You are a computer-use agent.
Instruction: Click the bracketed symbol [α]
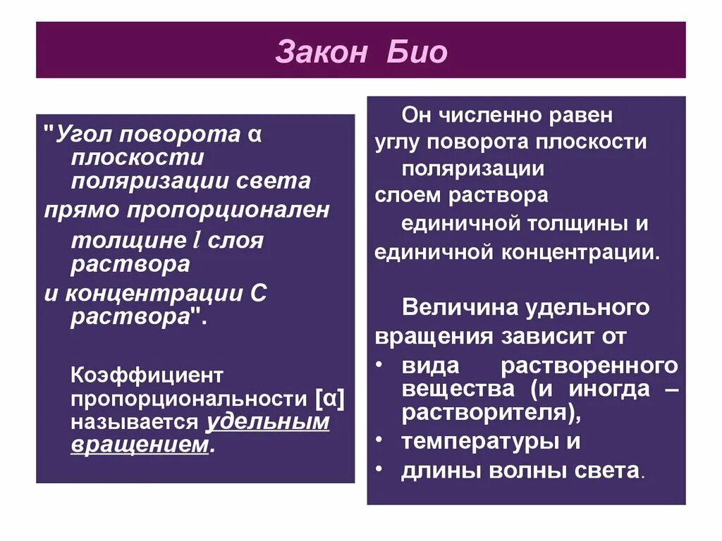[330, 399]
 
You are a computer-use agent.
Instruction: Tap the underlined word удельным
[268, 422]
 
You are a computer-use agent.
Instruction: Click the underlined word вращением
[140, 445]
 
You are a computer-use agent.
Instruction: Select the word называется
[134, 422]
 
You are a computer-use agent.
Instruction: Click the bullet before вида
[379, 365]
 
